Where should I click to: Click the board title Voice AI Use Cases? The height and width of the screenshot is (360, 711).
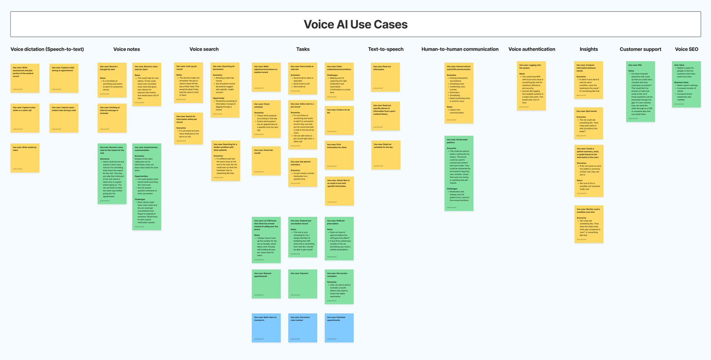(355, 24)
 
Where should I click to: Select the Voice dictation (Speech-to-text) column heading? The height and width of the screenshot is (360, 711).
(47, 49)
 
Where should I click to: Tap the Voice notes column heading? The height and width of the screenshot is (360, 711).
(127, 49)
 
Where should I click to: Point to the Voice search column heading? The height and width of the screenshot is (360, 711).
(204, 49)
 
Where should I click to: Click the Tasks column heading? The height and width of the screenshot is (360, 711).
(303, 49)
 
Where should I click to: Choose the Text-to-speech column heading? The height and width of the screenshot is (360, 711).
(385, 49)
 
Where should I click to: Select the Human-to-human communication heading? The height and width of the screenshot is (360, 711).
(460, 49)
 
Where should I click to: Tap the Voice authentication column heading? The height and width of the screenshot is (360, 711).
(532, 49)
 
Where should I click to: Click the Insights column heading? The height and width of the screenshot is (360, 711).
(589, 49)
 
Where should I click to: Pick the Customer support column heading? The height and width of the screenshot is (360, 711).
(640, 49)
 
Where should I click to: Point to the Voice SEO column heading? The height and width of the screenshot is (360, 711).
(687, 49)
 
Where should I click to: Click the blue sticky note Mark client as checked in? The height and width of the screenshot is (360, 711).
(266, 328)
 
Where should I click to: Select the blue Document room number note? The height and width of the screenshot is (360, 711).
(303, 328)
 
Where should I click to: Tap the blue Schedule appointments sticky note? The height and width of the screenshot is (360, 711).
(339, 328)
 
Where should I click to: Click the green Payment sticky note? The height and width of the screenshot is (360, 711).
(303, 284)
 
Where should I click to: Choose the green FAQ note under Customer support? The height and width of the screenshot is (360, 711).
(640, 91)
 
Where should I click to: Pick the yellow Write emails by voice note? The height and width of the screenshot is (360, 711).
(25, 158)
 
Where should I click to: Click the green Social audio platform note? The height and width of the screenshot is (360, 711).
(459, 173)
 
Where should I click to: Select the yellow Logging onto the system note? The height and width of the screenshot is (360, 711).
(531, 86)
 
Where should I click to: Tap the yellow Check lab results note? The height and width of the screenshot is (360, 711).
(266, 161)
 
